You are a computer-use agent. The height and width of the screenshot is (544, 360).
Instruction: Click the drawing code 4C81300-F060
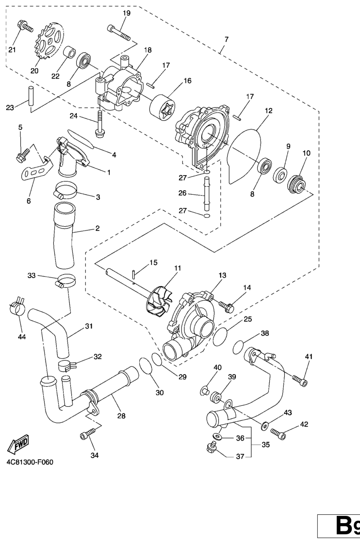pyautogui.click(x=30, y=462)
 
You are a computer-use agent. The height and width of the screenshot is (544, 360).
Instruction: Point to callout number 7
pyautogui.click(x=227, y=39)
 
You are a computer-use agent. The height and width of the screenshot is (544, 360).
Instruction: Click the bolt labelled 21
pyautogui.click(x=25, y=26)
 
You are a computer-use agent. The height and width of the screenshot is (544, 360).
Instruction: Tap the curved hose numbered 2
pyautogui.click(x=65, y=237)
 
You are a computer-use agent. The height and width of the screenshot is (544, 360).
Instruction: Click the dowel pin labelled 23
pyautogui.click(x=31, y=96)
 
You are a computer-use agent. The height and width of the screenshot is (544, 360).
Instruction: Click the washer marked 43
pyautogui.click(x=264, y=424)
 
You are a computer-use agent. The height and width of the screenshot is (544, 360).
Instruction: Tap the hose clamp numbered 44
pyautogui.click(x=16, y=306)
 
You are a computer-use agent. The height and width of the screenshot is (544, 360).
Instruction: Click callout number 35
pyautogui.click(x=265, y=445)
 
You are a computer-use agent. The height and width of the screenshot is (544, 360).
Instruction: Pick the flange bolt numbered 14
pyautogui.click(x=227, y=306)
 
